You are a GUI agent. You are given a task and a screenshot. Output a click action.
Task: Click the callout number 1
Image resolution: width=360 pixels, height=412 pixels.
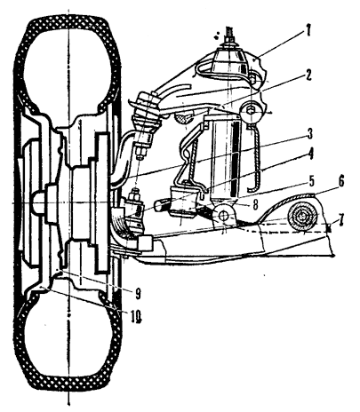(x=308, y=31)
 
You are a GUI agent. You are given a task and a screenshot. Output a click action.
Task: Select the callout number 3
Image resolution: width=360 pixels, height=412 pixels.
(x=309, y=134)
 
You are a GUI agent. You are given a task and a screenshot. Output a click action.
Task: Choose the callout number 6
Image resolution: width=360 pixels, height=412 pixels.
(x=340, y=182)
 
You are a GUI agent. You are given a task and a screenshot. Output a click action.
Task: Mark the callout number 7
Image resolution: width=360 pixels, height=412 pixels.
(x=341, y=219)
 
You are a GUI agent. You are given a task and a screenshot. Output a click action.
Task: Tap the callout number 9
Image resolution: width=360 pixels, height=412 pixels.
(x=138, y=293)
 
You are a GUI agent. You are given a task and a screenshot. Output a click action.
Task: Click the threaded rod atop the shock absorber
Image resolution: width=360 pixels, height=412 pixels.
(x=229, y=35)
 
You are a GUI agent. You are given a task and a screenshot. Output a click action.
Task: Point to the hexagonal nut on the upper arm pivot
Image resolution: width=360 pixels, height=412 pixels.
(x=252, y=111)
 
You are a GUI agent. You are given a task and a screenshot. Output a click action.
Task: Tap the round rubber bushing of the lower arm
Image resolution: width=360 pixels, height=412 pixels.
(x=302, y=217)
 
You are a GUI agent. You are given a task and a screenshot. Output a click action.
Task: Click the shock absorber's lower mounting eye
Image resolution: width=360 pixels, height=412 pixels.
(x=223, y=216)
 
